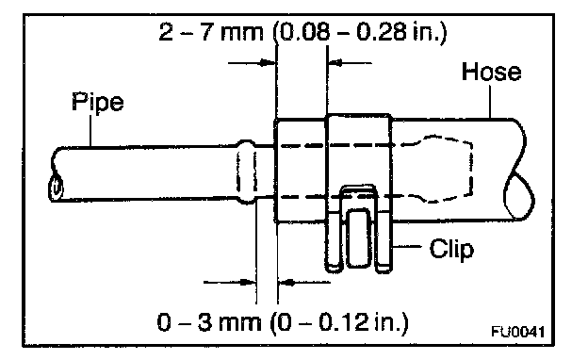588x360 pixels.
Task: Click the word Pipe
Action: tap(97, 102)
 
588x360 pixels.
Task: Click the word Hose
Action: tap(491, 72)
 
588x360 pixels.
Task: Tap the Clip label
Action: tap(451, 249)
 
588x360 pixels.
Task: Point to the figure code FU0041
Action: tap(518, 332)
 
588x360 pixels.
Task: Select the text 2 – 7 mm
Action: tap(211, 31)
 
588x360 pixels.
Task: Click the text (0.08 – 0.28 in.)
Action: tap(359, 32)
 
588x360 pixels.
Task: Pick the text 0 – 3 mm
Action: tap(209, 322)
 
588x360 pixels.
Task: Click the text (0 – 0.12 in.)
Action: tap(339, 323)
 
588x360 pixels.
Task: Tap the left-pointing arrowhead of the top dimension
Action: tap(335, 62)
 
